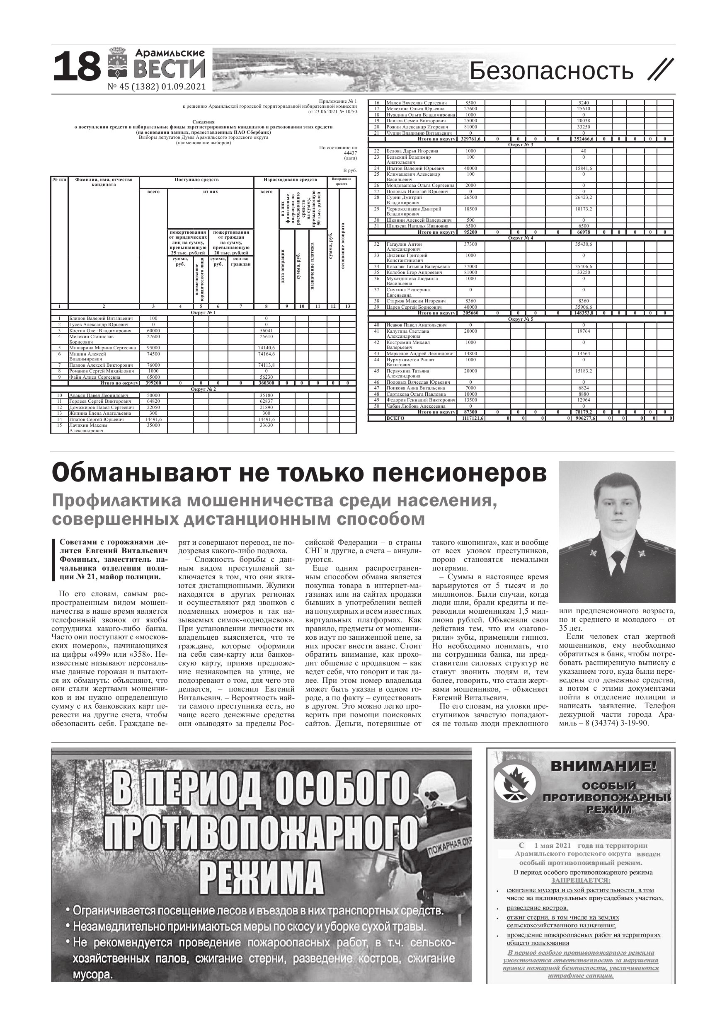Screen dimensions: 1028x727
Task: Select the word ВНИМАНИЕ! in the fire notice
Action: point(610,766)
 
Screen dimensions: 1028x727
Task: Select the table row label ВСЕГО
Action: point(395,418)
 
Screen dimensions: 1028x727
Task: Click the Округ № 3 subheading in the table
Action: point(520,145)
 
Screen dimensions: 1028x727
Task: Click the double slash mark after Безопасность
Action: point(661,70)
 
